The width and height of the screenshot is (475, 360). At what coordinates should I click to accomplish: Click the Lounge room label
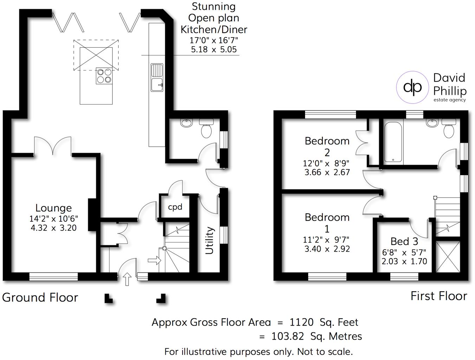pos(53,208)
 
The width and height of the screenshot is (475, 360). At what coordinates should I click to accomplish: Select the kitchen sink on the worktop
pos(157,78)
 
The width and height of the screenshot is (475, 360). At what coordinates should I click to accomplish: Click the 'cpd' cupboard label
pos(175,207)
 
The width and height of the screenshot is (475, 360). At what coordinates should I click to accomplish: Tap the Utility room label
pos(210,240)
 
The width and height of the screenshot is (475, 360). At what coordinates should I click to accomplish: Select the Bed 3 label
pos(404,241)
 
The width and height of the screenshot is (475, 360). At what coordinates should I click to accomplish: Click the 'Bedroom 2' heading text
pos(327,146)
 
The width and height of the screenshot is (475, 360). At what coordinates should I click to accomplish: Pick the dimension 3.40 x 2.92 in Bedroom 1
pos(327,249)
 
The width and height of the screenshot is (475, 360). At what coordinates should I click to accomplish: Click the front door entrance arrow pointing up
pos(127,279)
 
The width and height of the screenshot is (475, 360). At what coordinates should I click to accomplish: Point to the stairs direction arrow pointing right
pos(154,261)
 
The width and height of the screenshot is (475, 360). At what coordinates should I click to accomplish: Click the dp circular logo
pos(413,87)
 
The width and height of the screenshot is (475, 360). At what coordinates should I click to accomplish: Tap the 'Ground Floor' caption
pos(40,298)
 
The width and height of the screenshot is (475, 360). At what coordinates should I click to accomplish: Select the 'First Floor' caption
pos(438,296)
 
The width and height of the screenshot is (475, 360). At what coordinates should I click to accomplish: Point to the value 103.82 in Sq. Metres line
pos(288,336)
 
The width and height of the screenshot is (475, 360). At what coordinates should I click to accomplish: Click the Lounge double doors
pos(53,146)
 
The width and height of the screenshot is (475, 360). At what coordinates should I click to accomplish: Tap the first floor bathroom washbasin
pos(431,123)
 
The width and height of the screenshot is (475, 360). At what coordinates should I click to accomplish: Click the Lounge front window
pos(53,276)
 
